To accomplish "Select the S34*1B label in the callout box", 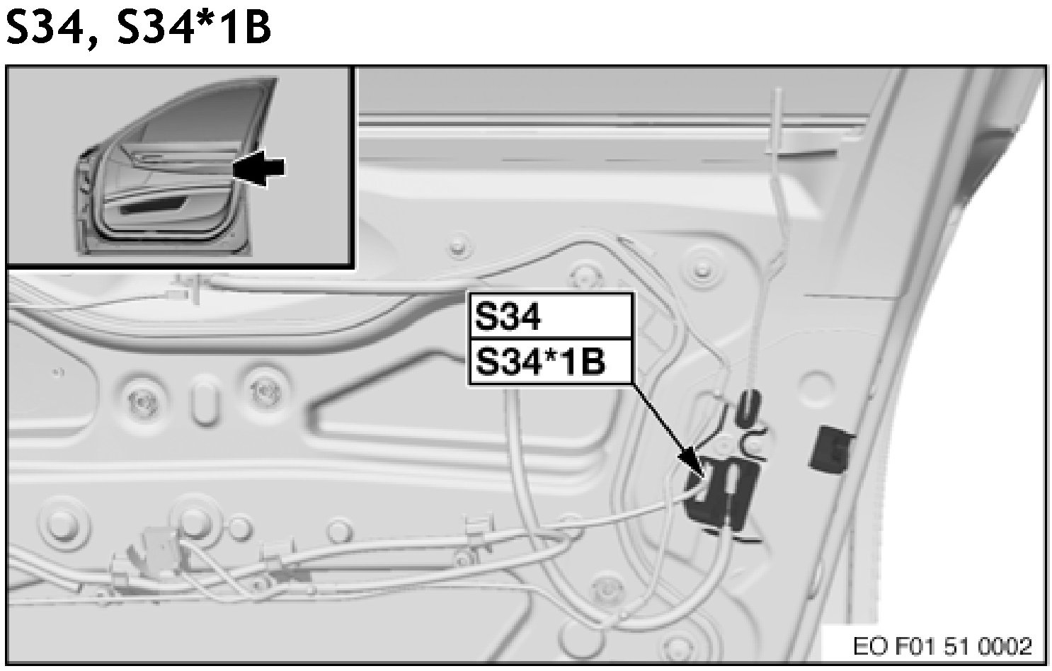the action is [x=540, y=362].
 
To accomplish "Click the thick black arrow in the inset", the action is [x=259, y=168].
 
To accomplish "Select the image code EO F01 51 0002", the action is [x=942, y=646].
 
